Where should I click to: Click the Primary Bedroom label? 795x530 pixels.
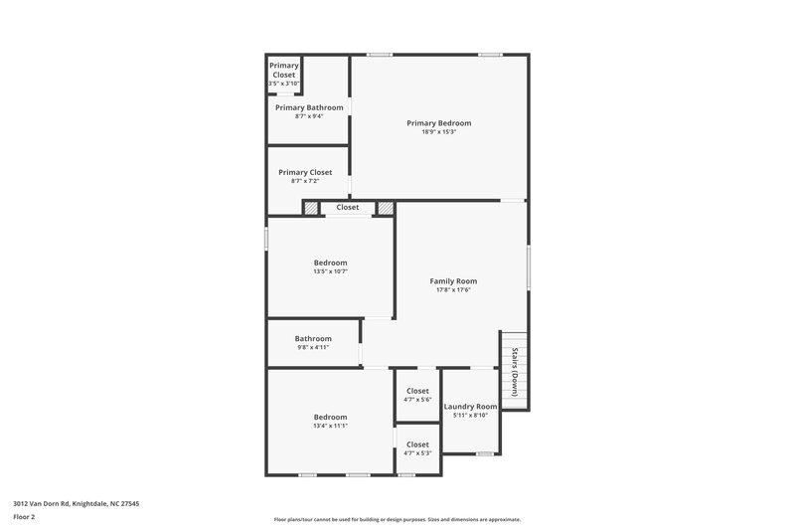[438, 123]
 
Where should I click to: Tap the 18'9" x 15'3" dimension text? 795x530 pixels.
[438, 132]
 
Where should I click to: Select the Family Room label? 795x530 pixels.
[452, 281]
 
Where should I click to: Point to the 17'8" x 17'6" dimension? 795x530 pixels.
[452, 290]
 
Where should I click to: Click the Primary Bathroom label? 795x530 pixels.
[309, 107]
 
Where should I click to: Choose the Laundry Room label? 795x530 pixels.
[470, 407]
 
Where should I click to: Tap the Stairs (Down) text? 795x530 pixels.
[515, 372]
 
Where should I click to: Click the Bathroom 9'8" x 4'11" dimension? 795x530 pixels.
[312, 347]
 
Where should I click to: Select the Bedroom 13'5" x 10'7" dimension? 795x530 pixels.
[330, 271]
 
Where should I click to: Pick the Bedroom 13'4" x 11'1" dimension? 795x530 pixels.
[330, 426]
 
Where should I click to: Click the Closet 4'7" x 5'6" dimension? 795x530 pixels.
[417, 400]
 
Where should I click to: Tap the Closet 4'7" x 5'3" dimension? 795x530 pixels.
[417, 453]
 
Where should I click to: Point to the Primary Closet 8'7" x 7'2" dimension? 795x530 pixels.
[305, 181]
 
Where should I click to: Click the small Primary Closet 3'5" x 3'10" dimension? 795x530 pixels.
[284, 84]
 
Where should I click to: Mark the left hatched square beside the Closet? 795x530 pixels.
[311, 208]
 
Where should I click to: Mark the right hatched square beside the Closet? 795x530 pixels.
[386, 208]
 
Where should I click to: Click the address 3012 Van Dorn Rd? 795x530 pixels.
[76, 503]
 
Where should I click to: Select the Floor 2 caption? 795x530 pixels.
[24, 517]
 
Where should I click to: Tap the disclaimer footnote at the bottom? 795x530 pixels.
[397, 519]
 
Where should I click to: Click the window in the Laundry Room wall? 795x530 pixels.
[484, 454]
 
